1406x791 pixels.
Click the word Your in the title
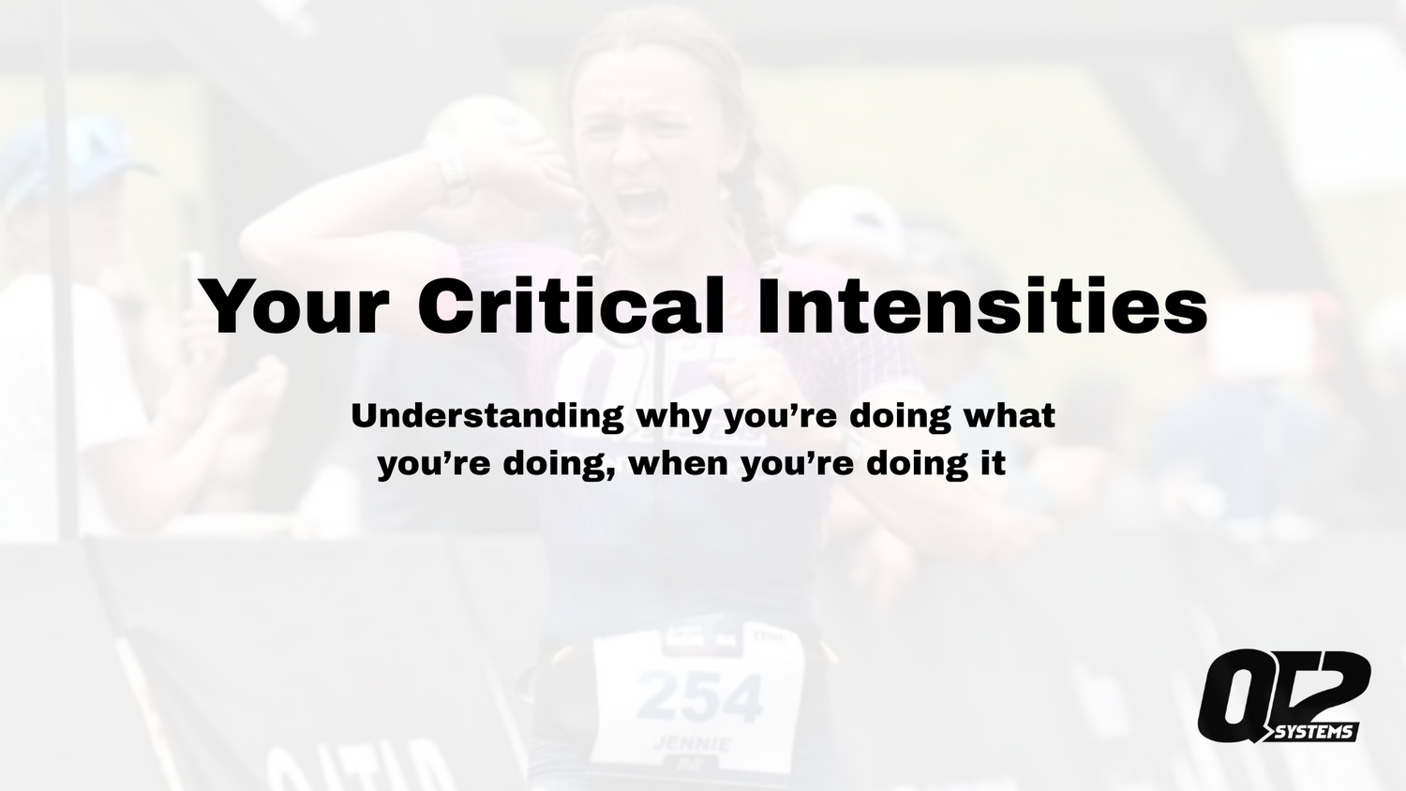(294, 306)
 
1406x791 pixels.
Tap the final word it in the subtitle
(993, 463)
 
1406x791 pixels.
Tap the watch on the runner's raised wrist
(455, 175)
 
